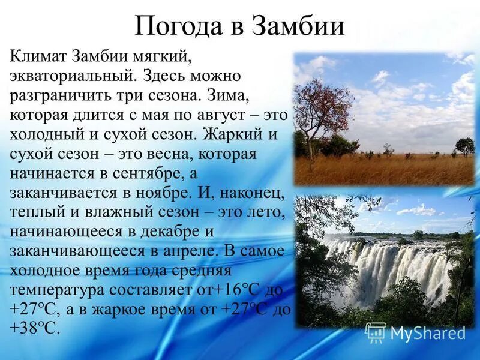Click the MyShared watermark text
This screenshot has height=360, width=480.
[x=428, y=333]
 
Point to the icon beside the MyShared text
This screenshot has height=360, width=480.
[x=376, y=332]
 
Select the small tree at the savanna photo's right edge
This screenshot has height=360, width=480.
[x=464, y=146]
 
